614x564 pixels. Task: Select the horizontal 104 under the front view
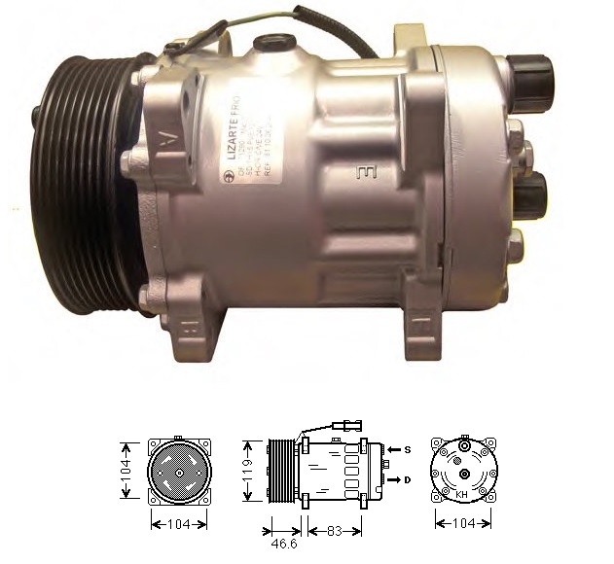(179, 524)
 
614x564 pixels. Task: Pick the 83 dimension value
(334, 531)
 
